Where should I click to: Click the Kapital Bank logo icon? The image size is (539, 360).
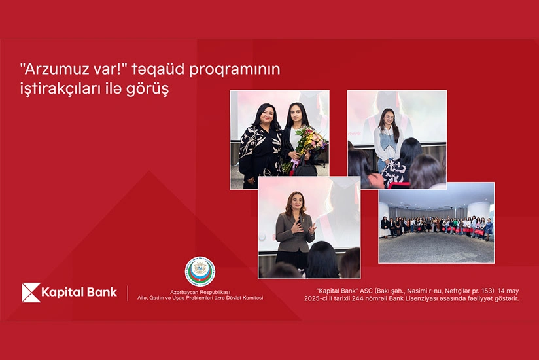31,293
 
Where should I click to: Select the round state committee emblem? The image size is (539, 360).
200,272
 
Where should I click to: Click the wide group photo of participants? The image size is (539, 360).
436,223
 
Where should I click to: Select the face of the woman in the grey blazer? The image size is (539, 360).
294,201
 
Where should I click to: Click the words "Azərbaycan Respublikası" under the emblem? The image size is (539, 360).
200,293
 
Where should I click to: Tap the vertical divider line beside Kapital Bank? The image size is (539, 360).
128,293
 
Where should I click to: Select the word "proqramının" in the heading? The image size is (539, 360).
235,70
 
